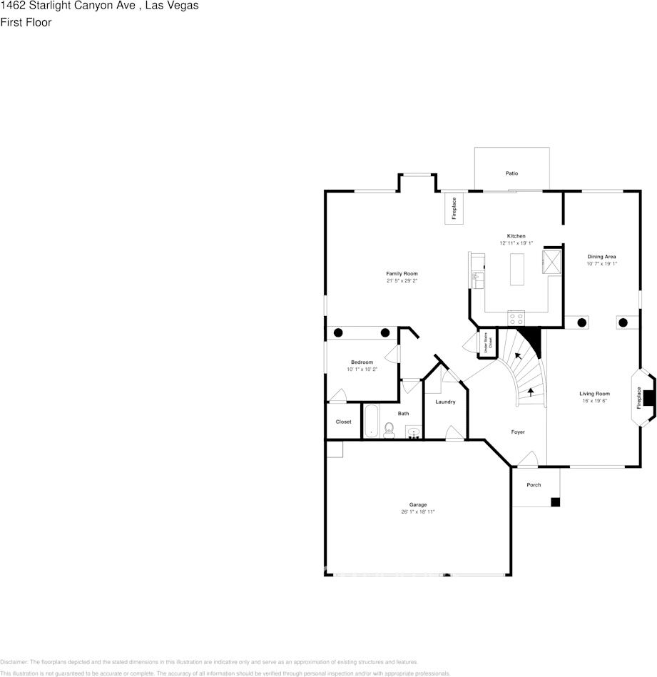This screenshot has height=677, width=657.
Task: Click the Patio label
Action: [x=511, y=173]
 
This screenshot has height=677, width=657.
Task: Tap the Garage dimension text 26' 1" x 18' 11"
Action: [x=418, y=511]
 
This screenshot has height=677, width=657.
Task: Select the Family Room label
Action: [x=402, y=274]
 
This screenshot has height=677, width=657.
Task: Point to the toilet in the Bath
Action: [x=389, y=429]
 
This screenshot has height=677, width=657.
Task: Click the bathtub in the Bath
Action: [x=372, y=421]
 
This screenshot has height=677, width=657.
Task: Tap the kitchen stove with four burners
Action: [x=516, y=319]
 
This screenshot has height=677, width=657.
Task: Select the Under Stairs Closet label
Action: [x=488, y=344]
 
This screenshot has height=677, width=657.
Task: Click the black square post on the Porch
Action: [x=555, y=502]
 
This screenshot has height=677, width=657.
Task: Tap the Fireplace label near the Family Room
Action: [x=454, y=208]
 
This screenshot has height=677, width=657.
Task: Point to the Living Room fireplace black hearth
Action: [x=648, y=398]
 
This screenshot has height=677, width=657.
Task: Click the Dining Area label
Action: [x=601, y=257]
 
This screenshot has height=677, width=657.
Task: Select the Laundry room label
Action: [x=445, y=402]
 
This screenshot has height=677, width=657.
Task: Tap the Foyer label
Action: [x=518, y=432]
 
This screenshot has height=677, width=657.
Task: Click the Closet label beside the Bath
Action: [x=344, y=422]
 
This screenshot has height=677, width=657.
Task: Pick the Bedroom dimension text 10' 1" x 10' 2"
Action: [x=362, y=369]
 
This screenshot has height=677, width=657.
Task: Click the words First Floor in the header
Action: [x=26, y=22]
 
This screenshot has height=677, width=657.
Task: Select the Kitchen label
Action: [x=516, y=236]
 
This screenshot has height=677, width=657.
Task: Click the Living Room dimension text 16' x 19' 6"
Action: [x=594, y=401]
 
